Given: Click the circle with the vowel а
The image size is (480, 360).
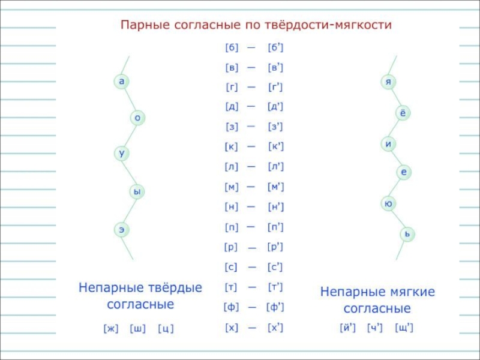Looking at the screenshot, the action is coord(122,81).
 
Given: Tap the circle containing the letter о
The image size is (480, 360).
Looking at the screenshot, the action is coord(137,118).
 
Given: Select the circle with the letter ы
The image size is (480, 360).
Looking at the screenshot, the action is coord(137,192).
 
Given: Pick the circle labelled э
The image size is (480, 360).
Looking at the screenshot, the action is coord(122,229).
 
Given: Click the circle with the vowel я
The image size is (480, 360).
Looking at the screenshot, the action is coord(388,81).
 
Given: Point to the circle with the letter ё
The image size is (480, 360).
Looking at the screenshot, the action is coord(403,113).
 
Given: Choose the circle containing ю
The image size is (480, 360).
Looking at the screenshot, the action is coord(388,204).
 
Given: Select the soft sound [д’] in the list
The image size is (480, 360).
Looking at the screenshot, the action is coord(275,107).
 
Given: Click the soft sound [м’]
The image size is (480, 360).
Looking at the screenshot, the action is coord(276,187).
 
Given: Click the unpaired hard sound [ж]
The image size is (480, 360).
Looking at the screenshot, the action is coord(112,328).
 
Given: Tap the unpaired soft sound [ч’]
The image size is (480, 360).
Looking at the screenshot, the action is coord(375,328).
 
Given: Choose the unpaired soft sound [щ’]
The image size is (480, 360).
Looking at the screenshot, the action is coord(404,328).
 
